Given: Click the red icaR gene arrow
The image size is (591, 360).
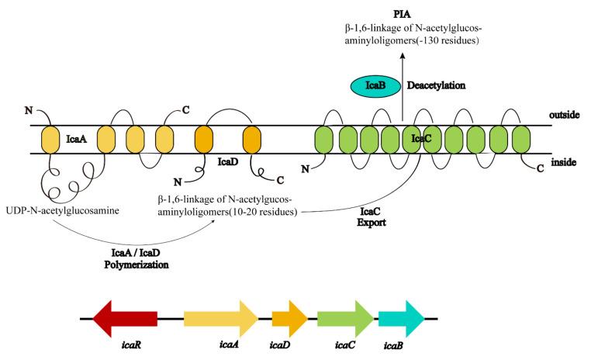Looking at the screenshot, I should tap(123, 318).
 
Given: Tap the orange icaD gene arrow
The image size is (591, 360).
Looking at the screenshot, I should tap(289, 318).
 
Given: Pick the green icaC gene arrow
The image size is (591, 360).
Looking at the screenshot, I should tap(344, 318).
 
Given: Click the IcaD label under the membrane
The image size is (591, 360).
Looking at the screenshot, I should tap(226, 162).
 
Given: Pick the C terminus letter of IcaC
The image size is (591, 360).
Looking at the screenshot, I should tap(540, 169).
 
